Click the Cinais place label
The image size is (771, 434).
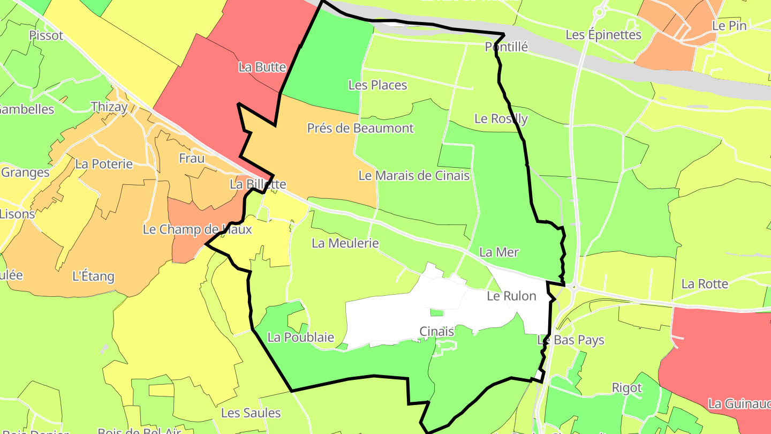[437, 332]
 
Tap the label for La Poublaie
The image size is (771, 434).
[301, 338]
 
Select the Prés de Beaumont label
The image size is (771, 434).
[360, 129]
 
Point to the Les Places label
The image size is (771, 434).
[377, 85]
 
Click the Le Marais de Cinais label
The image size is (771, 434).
[414, 175]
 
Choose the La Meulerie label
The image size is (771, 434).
[345, 243]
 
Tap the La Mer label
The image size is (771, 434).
[499, 252]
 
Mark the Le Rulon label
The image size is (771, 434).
[511, 296]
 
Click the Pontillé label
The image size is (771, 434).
[507, 47]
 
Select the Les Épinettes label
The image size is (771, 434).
[603, 35]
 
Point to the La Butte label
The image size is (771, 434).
[262, 68]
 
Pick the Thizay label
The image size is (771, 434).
[109, 107]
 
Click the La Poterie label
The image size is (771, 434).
[104, 164]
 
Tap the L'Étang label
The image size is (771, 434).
[93, 276]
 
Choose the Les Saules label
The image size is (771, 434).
[251, 413]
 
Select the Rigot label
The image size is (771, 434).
[627, 387]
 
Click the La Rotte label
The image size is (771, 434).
[705, 284]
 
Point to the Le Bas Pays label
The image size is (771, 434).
[571, 340]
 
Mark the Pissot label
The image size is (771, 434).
[46, 35]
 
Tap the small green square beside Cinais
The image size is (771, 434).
[437, 312]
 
